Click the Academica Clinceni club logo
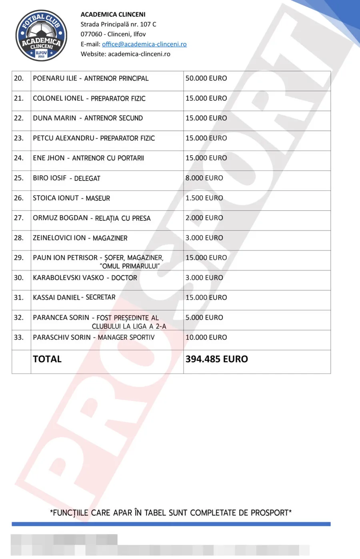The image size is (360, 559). (x=41, y=36)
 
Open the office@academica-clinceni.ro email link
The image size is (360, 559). (x=144, y=44)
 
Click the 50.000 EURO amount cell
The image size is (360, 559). (x=206, y=78)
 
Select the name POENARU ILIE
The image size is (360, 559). (x=55, y=78)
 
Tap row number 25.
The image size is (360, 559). (x=19, y=178)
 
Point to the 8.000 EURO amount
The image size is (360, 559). (x=204, y=178)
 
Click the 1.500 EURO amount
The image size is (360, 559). (x=204, y=198)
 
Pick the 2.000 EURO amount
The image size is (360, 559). (x=204, y=218)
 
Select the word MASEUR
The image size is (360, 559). (x=98, y=198)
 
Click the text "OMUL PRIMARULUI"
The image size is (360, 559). (x=130, y=266)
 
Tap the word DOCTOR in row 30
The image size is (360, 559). (x=124, y=278)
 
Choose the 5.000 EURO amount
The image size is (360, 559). (x=204, y=318)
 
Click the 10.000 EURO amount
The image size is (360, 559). (x=206, y=338)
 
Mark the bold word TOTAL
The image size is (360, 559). (x=47, y=359)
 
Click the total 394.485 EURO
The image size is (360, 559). (x=216, y=359)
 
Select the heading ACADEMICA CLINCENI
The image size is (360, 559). (x=113, y=14)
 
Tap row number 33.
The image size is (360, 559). (x=19, y=338)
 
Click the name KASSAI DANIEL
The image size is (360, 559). (x=56, y=298)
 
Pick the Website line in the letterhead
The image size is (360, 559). (x=125, y=54)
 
